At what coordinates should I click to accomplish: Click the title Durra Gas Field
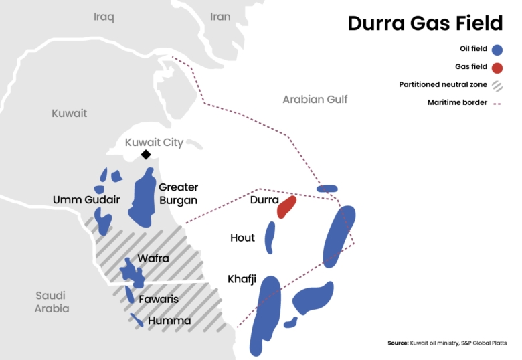(424, 23)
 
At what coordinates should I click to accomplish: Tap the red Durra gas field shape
(286, 207)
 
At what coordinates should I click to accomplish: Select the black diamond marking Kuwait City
(145, 155)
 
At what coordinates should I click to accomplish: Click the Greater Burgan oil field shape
(142, 196)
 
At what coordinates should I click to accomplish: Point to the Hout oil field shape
(270, 237)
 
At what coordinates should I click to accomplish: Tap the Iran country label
(220, 17)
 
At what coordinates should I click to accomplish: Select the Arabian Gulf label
(315, 99)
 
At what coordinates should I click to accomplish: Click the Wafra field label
(153, 258)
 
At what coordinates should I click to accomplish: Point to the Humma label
(169, 321)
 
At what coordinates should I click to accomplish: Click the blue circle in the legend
(497, 50)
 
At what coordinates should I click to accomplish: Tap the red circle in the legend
(497, 67)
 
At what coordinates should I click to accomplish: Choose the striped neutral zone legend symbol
(497, 85)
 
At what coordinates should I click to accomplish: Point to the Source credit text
(447, 343)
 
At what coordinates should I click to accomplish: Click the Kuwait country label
(69, 113)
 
